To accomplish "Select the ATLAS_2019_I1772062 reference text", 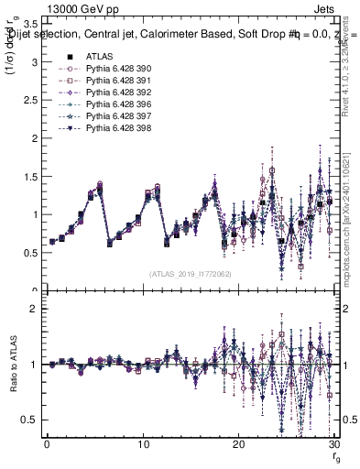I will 189,273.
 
